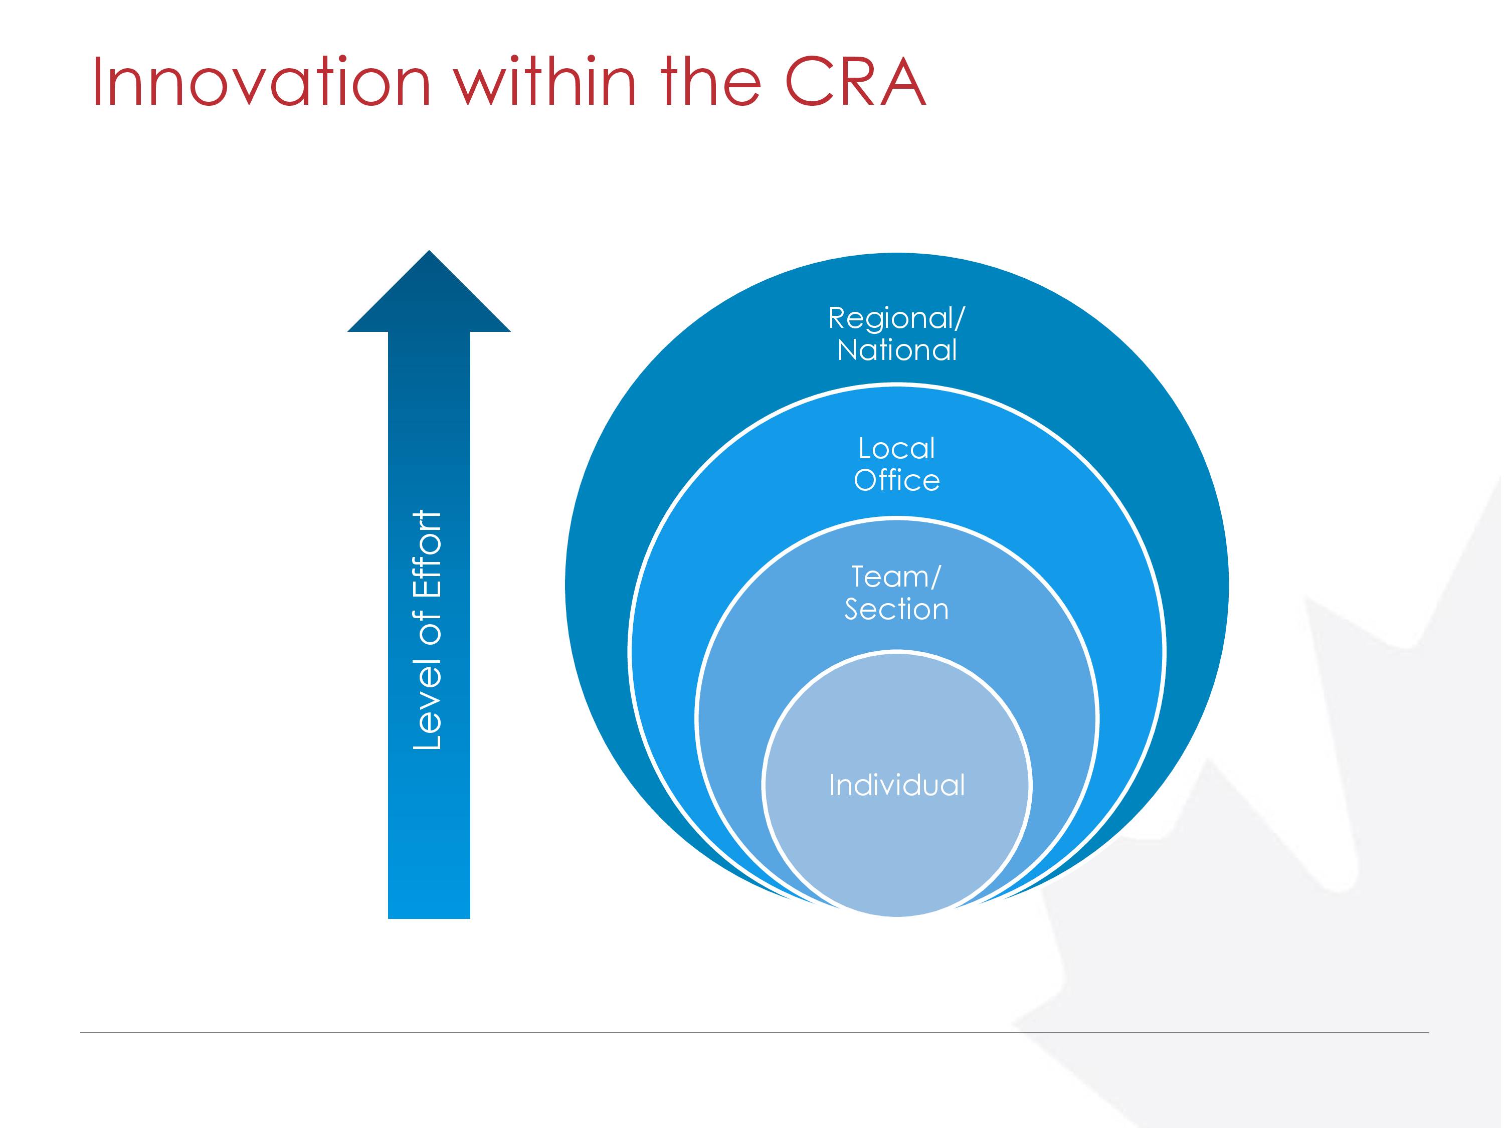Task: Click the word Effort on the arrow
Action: tap(428, 553)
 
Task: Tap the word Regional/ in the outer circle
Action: tap(896, 319)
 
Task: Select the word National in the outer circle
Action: tap(897, 350)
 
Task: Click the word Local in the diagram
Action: tap(897, 448)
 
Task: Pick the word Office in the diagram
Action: tap(897, 480)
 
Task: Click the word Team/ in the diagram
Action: tap(896, 577)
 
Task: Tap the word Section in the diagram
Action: tap(896, 609)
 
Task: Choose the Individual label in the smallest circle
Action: tap(897, 785)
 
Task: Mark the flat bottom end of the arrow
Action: tap(429, 918)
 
